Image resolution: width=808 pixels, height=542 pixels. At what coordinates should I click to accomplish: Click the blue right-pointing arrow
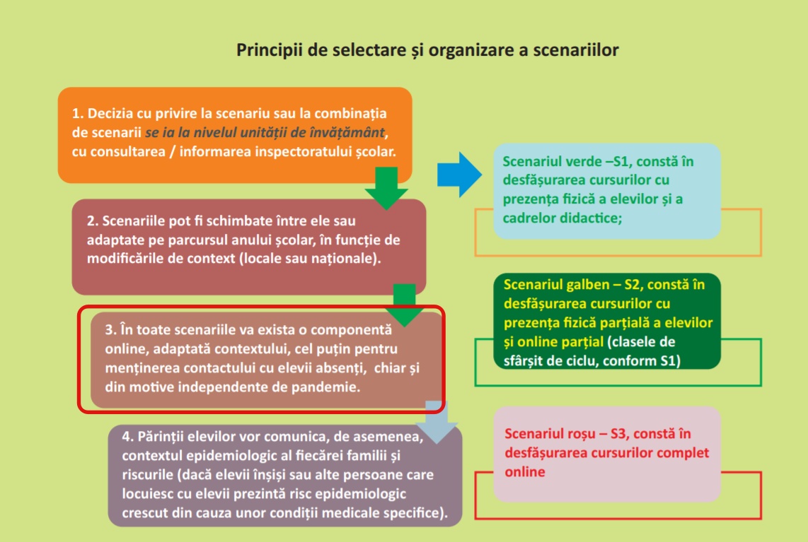[460, 175]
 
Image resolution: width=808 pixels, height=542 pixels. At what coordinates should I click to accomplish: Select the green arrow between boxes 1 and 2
[386, 189]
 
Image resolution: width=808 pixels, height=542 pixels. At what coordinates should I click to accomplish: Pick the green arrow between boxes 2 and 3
[405, 305]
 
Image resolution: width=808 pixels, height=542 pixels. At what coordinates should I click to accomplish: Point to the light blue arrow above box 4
[437, 422]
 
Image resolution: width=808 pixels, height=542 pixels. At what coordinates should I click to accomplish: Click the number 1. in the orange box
[78, 113]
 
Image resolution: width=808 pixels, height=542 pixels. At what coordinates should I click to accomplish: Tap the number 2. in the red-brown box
[92, 220]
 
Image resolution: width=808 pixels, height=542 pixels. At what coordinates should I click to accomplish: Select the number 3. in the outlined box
[110, 329]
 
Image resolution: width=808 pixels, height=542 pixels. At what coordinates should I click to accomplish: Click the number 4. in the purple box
[128, 437]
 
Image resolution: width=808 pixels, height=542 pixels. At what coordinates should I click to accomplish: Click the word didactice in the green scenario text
[594, 218]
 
